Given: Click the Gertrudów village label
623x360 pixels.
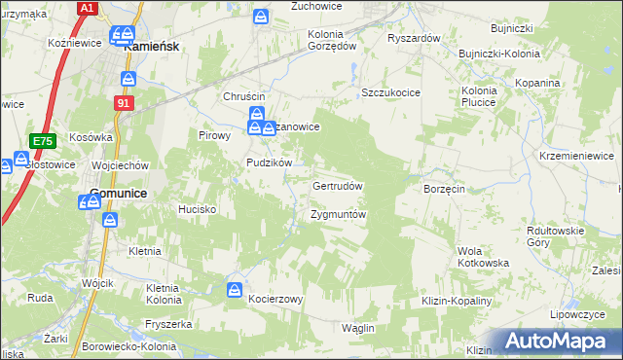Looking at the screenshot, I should (x=337, y=186).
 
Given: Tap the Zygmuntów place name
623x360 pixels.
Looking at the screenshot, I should (x=337, y=214).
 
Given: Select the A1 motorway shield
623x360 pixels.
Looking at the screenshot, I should (x=87, y=8).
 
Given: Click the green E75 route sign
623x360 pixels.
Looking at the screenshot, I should (x=40, y=141).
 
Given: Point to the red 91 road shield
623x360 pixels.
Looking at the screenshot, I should (x=123, y=102).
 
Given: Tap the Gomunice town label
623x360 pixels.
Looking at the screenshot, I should (x=118, y=194).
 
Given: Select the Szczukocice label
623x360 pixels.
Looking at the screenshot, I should (x=390, y=91).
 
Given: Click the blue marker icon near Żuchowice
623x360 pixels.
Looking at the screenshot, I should (x=260, y=17).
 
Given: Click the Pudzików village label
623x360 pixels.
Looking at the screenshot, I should (x=270, y=162).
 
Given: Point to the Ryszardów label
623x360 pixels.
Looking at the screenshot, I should (x=415, y=38).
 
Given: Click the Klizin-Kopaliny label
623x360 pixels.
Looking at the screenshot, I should (x=457, y=303).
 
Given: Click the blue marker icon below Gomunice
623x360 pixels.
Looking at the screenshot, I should (x=110, y=219).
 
